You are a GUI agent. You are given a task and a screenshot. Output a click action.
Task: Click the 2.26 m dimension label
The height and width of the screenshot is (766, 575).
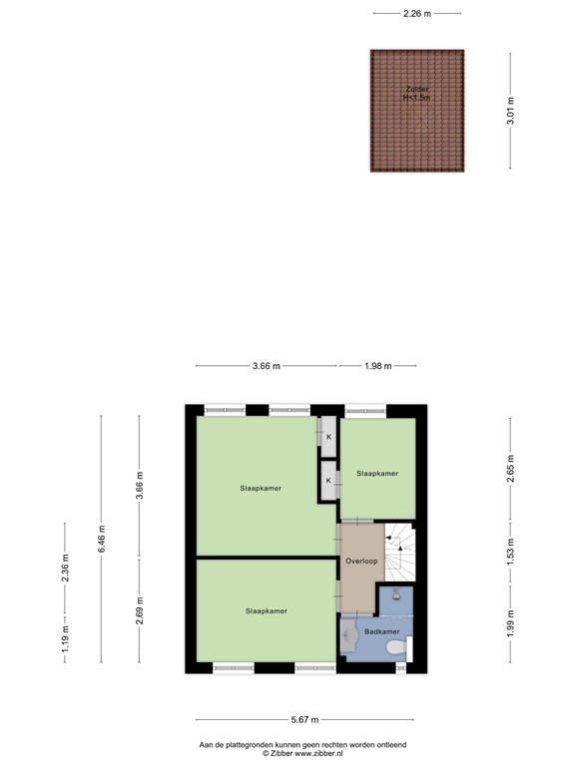pos(417,13)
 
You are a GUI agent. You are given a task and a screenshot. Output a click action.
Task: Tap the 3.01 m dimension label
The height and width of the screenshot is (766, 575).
pos(510,109)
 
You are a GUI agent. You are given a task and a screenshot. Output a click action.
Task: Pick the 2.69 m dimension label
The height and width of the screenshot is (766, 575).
pos(139,609)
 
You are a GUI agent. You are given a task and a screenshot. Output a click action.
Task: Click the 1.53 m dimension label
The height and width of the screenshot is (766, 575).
pos(510,552)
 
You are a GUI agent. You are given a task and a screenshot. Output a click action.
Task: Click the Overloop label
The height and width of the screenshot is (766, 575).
pos(361,562)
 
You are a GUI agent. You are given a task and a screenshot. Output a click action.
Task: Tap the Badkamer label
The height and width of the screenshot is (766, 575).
pos(381,631)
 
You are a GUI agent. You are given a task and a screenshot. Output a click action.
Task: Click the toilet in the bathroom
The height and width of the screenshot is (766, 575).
pos(396,649)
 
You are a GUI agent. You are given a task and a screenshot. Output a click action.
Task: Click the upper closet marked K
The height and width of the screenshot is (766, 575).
pos(328,436)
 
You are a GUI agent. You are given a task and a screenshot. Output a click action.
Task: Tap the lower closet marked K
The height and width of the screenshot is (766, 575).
pos(328,481)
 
